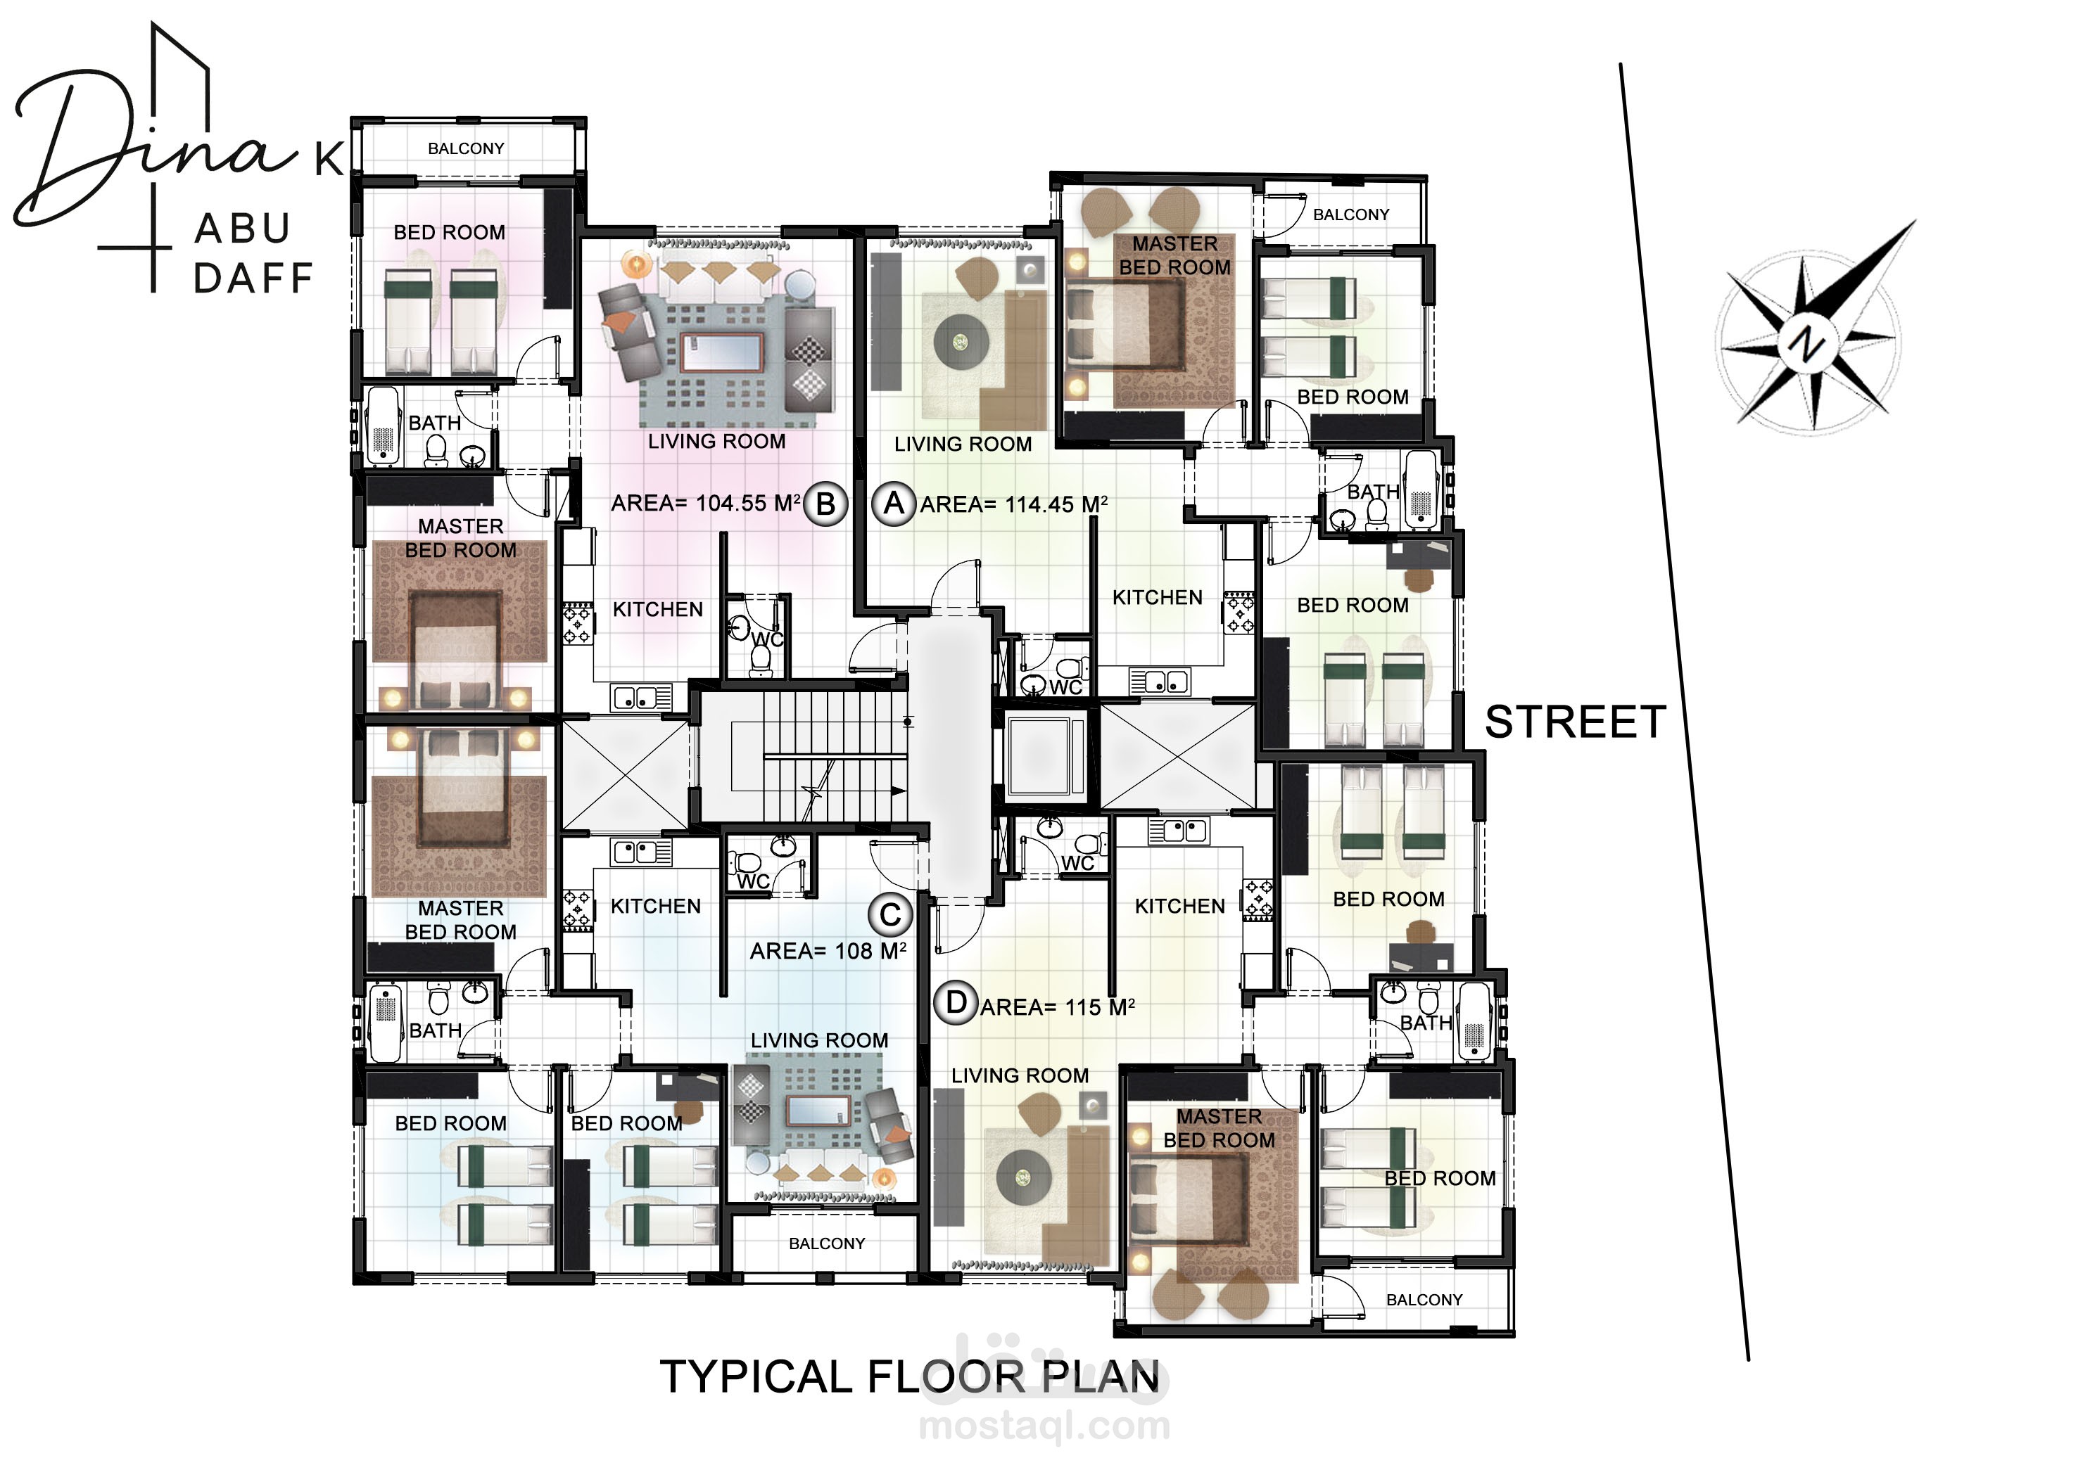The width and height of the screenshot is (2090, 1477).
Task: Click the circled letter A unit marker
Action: [x=894, y=504]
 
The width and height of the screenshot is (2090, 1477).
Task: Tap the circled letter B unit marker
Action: [x=825, y=504]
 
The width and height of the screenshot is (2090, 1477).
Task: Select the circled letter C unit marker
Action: [x=890, y=914]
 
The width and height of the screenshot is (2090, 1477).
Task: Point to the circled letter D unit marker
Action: [x=956, y=1003]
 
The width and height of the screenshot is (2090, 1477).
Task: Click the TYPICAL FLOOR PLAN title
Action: [x=909, y=1377]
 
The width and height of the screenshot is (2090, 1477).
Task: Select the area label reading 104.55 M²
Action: [x=706, y=504]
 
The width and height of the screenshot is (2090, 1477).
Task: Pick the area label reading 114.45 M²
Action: [x=1014, y=504]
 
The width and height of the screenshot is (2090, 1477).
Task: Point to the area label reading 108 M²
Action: [x=828, y=951]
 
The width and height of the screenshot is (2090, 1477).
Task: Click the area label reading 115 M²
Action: [x=1058, y=1007]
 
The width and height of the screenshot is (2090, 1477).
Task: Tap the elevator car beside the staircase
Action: [x=1047, y=757]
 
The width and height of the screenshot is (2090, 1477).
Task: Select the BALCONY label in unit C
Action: [x=827, y=1243]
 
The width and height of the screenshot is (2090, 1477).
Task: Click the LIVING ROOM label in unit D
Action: [x=1020, y=1075]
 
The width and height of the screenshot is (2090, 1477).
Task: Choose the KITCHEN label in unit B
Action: [x=657, y=610]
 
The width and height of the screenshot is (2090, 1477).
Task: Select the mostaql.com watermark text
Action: [x=1044, y=1425]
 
